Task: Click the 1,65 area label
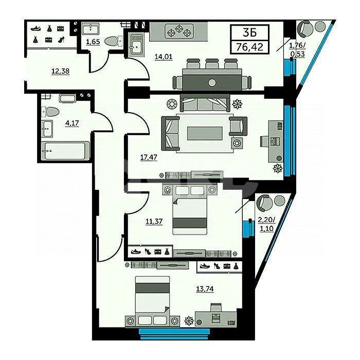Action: click(93, 42)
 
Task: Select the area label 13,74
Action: click(205, 289)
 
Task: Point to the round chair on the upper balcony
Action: click(306, 28)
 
